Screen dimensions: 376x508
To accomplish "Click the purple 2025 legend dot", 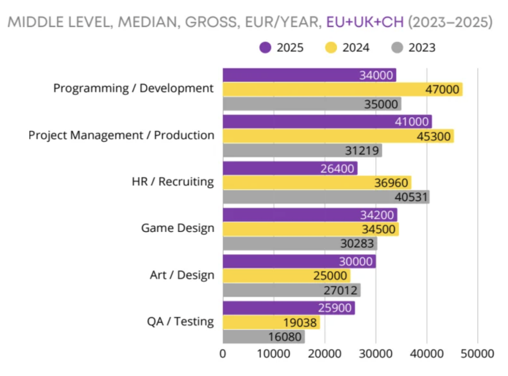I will pyautogui.click(x=266, y=47).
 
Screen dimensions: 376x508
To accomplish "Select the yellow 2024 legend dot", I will pyautogui.click(x=332, y=47).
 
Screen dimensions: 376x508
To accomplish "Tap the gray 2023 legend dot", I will pyautogui.click(x=397, y=47).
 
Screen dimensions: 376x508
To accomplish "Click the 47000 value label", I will pyautogui.click(x=442, y=89).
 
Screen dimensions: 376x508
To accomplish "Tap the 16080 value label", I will pyautogui.click(x=286, y=337).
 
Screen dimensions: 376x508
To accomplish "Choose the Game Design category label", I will pyautogui.click(x=178, y=228).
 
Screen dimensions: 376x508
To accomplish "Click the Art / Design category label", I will pyautogui.click(x=182, y=275).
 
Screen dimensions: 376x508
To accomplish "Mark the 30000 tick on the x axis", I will pyautogui.click(x=375, y=353).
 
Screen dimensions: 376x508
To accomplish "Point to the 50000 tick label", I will pyautogui.click(x=477, y=353).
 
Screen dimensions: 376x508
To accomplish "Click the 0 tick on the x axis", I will pyautogui.click(x=223, y=353).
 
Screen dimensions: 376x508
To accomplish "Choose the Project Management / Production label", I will pyautogui.click(x=121, y=135).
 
